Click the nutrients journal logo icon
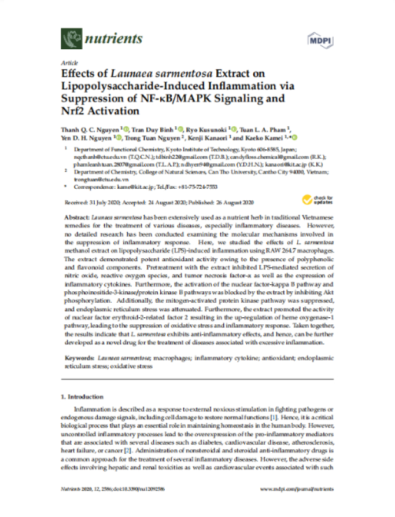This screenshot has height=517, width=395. click(70, 39)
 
